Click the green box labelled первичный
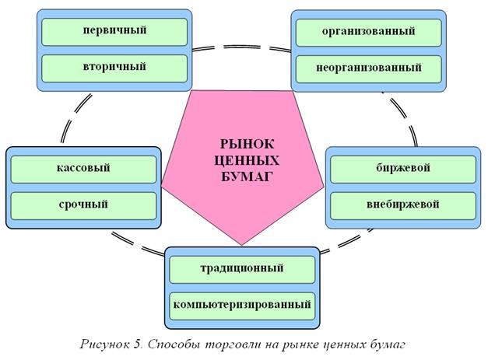[x=114, y=32]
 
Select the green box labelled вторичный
[x=114, y=68]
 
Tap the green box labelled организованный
[x=369, y=32]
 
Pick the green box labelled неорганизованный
[x=369, y=68]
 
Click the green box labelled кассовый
[x=83, y=168]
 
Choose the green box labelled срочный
[x=83, y=205]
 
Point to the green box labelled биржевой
[x=402, y=168]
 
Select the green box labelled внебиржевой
[x=402, y=205]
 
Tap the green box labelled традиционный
[x=243, y=269]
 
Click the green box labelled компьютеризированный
[x=243, y=304]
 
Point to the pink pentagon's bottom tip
[x=244, y=244]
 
